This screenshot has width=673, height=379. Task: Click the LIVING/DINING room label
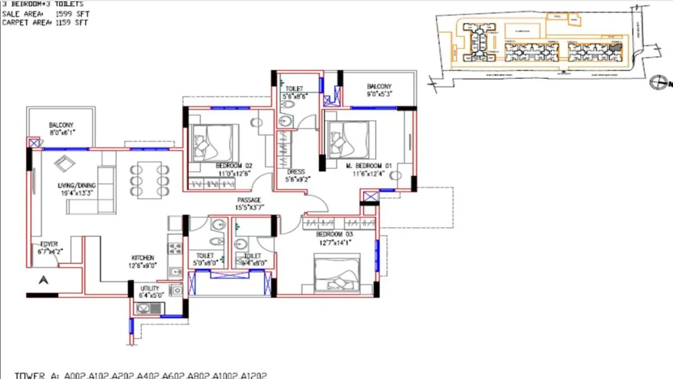tap(76, 185)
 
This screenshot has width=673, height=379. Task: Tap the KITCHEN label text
tap(143, 258)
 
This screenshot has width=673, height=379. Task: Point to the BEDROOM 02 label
tap(234, 166)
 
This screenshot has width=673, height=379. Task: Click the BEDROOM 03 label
tap(334, 234)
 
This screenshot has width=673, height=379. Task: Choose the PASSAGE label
tap(249, 200)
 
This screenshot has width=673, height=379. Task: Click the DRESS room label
tap(296, 172)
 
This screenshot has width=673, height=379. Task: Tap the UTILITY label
tap(150, 289)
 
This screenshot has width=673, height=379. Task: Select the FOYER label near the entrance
tap(49, 244)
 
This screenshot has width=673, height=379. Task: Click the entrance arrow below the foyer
tap(44, 280)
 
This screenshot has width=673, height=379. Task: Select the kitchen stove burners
tap(175, 249)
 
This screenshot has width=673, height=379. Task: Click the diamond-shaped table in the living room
tap(65, 164)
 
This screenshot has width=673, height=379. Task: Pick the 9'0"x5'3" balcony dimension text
tap(379, 94)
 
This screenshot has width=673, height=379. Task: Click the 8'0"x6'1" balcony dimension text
tap(62, 133)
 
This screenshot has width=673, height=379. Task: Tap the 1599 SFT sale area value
tap(72, 14)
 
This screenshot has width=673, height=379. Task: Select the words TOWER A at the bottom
tap(37, 375)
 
